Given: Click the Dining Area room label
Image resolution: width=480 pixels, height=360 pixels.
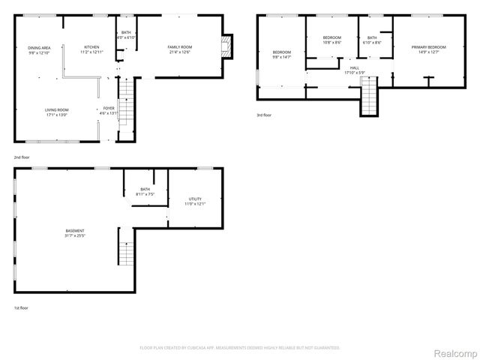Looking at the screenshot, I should click(38, 48).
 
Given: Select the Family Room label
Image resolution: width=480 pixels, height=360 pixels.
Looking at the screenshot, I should click(180, 47).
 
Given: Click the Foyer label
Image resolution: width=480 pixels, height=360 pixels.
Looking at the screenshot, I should click(109, 109).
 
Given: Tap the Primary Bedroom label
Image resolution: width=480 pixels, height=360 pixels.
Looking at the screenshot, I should click(428, 47).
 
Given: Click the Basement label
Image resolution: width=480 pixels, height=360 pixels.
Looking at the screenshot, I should click(74, 230).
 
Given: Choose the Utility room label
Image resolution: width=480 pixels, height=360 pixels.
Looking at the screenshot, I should click(195, 199).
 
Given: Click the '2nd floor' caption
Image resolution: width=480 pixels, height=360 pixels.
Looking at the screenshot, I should click(22, 157).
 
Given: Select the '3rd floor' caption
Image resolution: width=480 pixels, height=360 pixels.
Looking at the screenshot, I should click(264, 115).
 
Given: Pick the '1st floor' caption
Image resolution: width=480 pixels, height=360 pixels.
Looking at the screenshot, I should click(22, 307).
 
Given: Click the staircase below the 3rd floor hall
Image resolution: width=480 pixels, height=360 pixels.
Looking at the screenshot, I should click(370, 96).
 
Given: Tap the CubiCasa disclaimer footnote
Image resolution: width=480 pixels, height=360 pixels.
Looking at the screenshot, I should click(240, 348).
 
